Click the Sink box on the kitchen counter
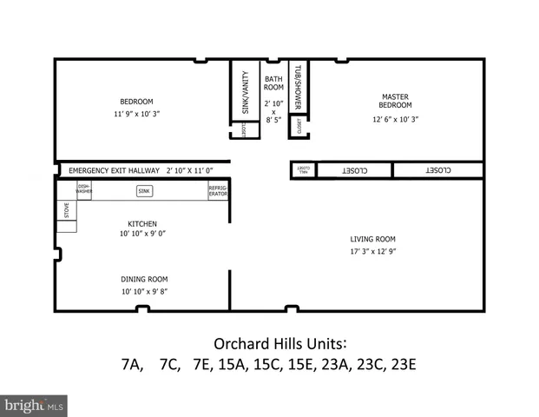pyautogui.click(x=144, y=190)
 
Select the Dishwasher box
pyautogui.click(x=84, y=190)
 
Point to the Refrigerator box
pyautogui.click(x=218, y=191)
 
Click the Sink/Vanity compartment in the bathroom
pyautogui.click(x=245, y=92)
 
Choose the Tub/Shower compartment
pyautogui.click(x=298, y=87)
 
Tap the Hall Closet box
pyautogui.click(x=303, y=170)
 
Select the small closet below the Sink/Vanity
pyautogui.click(x=245, y=131)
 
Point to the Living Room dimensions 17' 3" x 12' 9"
pyautogui.click(x=372, y=252)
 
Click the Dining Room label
pyautogui.click(x=143, y=279)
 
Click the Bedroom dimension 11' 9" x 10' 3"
pyautogui.click(x=137, y=114)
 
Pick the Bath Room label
pyautogui.click(x=273, y=83)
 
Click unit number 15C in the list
pyautogui.click(x=268, y=364)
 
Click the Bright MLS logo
pyautogui.click(x=34, y=405)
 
